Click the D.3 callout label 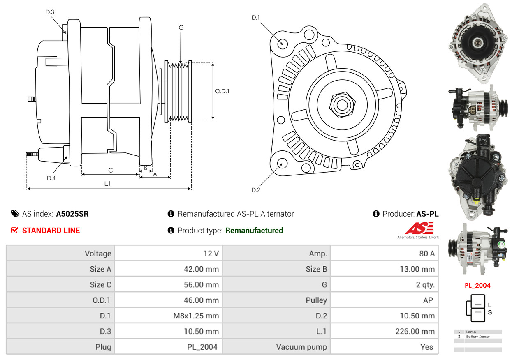pos(50,12)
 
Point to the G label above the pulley pos(181,28)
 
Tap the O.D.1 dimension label pos(222,91)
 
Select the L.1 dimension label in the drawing pos(107,184)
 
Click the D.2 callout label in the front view pos(255,190)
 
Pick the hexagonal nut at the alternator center pos(342,105)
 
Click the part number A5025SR pos(72,214)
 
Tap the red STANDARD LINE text pos(51,230)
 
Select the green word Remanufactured pos(254,230)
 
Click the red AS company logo pos(419,228)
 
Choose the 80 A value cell pos(427,254)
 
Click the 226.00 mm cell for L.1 pos(415,331)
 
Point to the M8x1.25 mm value pos(196,316)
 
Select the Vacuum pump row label pos(301,347)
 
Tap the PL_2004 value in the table pos(202,347)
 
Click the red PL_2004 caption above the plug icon pos(477,286)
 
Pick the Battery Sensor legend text pos(478,337)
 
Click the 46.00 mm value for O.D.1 pos(201,300)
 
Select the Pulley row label pos(316,300)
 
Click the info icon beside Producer pos(376,214)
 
